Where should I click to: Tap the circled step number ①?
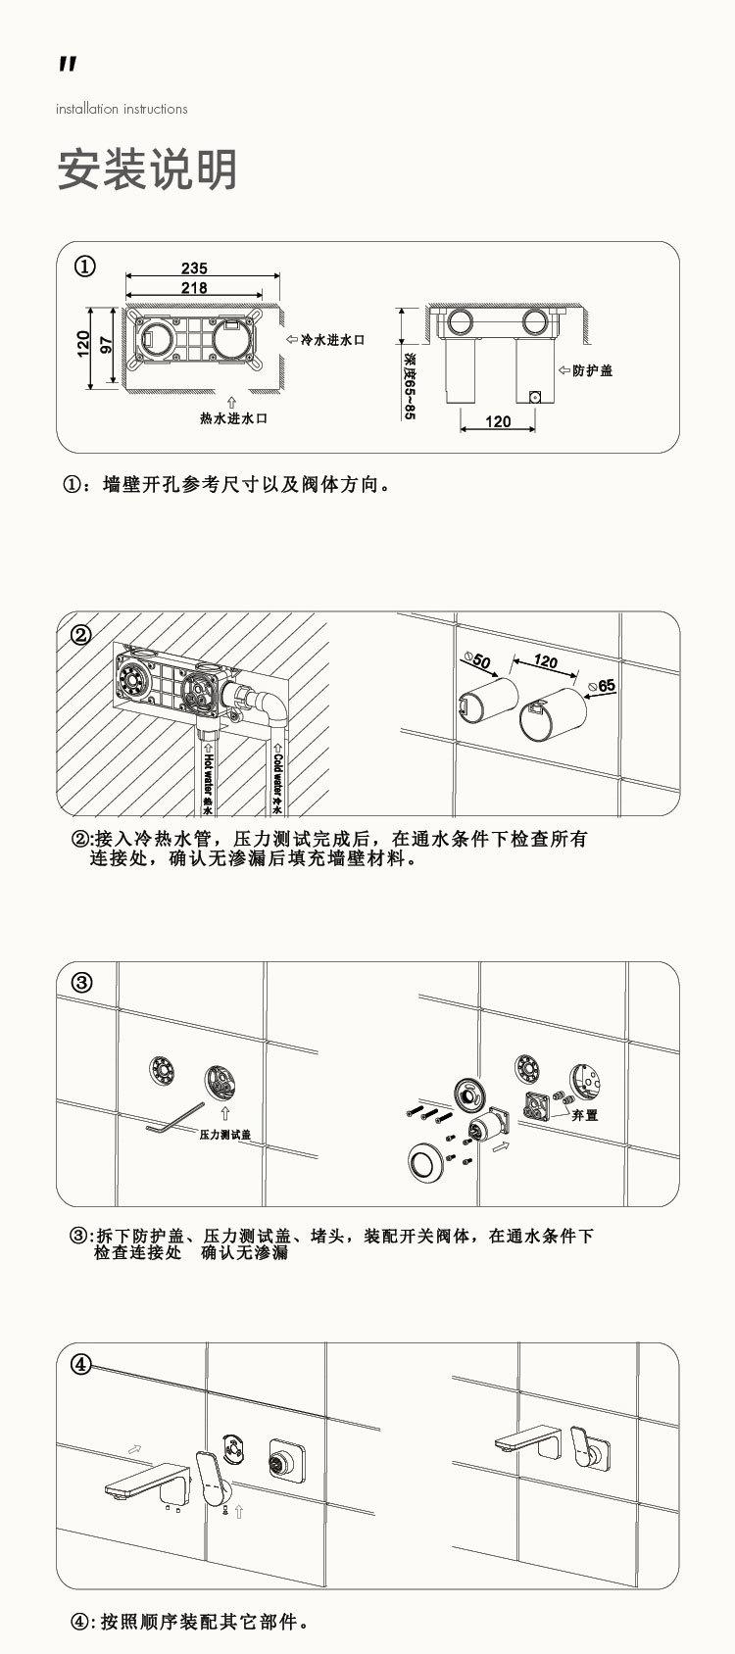pyautogui.click(x=85, y=267)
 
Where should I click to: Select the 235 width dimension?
pyautogui.click(x=194, y=268)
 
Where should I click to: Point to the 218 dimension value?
pyautogui.click(x=194, y=288)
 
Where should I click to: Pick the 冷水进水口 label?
pyautogui.click(x=331, y=339)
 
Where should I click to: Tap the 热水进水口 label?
pyautogui.click(x=233, y=417)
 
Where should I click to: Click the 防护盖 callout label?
pyautogui.click(x=592, y=370)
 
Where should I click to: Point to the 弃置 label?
pyautogui.click(x=585, y=1114)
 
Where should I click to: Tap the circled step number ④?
pyautogui.click(x=81, y=1364)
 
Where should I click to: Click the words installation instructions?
pyautogui.click(x=122, y=109)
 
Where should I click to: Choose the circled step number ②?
pyautogui.click(x=81, y=634)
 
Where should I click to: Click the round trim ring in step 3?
pyautogui.click(x=426, y=1163)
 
